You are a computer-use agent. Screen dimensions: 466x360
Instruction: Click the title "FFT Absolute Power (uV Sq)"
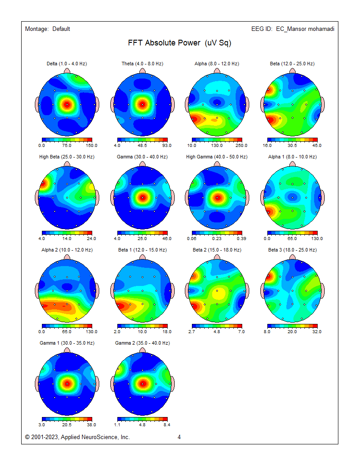click(180, 43)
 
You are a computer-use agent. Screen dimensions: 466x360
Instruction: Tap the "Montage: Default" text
click(48, 29)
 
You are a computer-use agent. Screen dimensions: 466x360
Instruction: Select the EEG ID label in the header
click(292, 29)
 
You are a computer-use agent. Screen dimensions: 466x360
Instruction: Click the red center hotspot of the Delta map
click(67, 105)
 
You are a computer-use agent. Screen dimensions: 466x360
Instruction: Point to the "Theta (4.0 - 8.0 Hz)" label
click(142, 64)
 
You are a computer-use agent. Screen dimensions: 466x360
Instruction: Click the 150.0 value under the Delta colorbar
click(91, 145)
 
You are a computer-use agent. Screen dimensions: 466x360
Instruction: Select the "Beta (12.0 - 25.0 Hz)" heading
click(292, 64)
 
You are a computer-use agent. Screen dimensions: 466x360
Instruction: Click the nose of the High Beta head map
click(67, 164)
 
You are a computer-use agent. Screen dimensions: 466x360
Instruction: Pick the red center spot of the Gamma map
click(142, 198)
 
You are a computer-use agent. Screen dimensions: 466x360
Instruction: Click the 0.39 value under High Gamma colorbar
click(242, 238)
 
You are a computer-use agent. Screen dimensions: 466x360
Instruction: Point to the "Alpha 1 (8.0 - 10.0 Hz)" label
click(292, 157)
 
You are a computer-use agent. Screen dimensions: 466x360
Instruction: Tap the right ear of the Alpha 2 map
click(97, 291)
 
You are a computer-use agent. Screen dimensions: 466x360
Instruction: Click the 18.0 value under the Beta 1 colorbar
click(167, 331)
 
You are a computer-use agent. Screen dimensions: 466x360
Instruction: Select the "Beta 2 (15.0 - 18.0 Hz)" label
click(217, 250)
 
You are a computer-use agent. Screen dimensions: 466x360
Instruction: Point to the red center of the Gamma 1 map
click(67, 383)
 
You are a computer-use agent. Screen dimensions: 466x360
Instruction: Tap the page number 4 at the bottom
click(179, 437)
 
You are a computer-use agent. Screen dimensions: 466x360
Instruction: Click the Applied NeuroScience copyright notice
click(78, 437)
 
